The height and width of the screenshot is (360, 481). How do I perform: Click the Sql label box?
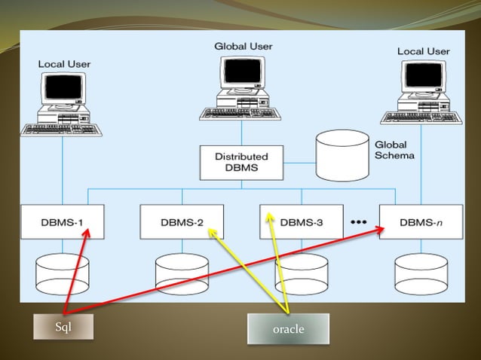pos(63,326)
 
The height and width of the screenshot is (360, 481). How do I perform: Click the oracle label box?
pos(288,329)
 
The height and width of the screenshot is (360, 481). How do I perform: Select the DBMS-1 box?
pos(63,222)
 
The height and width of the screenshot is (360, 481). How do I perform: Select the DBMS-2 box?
pos(182,222)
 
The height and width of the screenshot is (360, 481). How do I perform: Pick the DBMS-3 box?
pos(302,222)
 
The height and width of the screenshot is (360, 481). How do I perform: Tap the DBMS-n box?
pos(420,222)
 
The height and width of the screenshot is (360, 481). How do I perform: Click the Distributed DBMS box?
pos(241,162)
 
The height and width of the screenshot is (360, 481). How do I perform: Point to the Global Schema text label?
pos(391,150)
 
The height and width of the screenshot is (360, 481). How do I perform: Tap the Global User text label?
pos(244,46)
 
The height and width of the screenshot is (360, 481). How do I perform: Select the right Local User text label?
pos(423,51)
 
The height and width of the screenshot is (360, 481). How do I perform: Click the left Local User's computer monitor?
pos(62,91)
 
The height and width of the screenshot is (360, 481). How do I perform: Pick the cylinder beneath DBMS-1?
pos(63,273)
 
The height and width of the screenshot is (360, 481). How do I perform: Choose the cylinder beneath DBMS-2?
pos(182,273)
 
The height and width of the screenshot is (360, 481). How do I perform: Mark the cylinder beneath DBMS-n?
pos(420,273)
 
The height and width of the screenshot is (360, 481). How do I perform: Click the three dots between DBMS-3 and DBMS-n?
pos(358,222)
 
